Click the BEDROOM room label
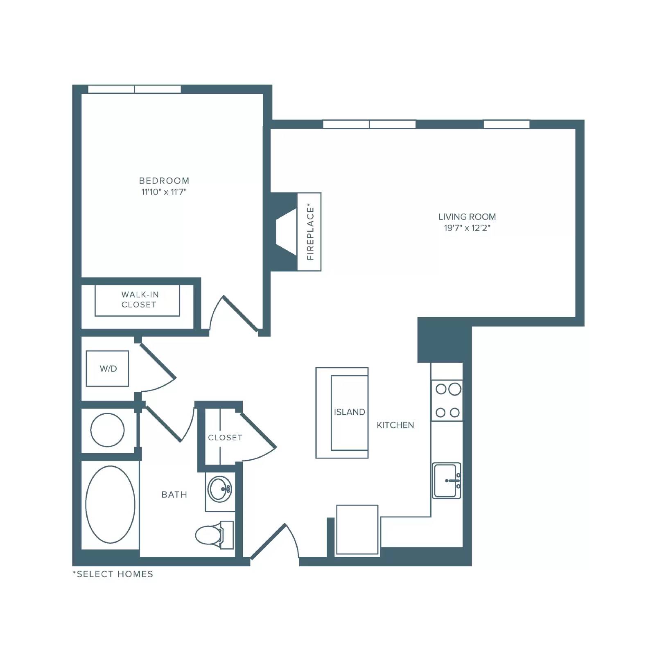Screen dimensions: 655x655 (x=164, y=181)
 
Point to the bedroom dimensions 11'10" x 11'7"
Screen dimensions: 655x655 (x=164, y=192)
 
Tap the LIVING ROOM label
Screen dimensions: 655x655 (x=467, y=217)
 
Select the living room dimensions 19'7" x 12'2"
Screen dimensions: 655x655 (x=467, y=228)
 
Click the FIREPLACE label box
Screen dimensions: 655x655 (x=309, y=232)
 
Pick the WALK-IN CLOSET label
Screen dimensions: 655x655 (x=139, y=300)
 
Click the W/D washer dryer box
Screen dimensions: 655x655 (x=107, y=368)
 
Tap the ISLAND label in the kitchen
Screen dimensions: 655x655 (x=349, y=412)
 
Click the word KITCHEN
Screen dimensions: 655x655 (x=395, y=425)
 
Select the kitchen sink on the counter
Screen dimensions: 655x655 (x=447, y=481)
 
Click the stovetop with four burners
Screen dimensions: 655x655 (x=447, y=400)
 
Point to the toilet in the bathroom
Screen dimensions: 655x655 (x=214, y=535)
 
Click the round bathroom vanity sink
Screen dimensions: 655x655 (x=220, y=489)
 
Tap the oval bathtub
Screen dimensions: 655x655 (x=110, y=504)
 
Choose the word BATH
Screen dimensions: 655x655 (x=174, y=495)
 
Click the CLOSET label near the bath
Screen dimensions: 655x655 (x=225, y=438)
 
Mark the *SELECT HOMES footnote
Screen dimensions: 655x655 (x=113, y=574)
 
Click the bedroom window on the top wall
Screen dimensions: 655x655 (x=135, y=89)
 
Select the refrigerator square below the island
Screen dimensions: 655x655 (x=357, y=530)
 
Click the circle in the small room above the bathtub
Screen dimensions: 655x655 (x=107, y=430)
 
